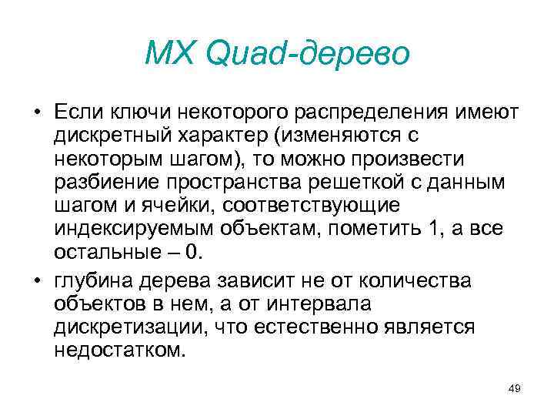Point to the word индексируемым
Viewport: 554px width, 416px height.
click(x=128, y=230)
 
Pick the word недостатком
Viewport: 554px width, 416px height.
click(x=119, y=351)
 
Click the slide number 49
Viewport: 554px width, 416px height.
click(x=515, y=388)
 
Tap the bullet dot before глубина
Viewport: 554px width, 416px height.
click(x=36, y=281)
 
